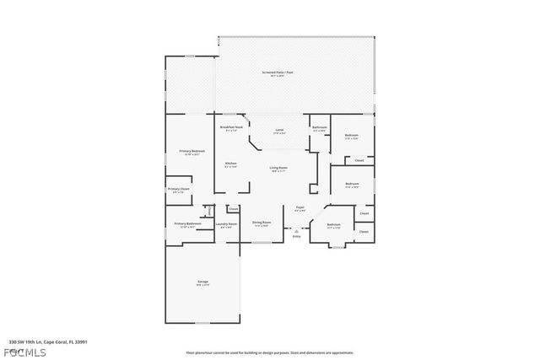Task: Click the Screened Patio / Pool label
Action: pos(283,73)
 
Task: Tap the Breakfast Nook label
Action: pos(231,127)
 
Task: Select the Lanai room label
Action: pos(278,131)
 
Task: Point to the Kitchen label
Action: pos(230,164)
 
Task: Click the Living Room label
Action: pos(278,169)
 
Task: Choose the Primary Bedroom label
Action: pos(192,152)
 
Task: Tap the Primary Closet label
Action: pos(178,190)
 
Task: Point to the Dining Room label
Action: pos(262,223)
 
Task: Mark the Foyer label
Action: pos(300,207)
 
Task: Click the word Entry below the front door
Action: pos(296,236)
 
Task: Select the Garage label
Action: pos(203,282)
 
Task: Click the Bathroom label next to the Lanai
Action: pos(320,127)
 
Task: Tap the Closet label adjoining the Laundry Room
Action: pos(234,208)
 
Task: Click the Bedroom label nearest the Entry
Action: pos(333,225)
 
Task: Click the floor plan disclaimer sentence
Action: pos(269,352)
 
